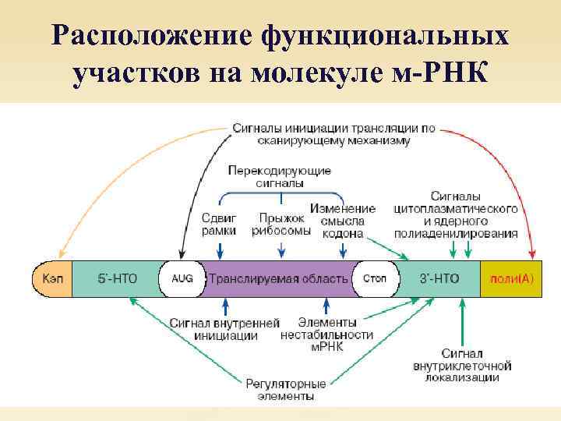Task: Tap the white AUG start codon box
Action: pos(182,278)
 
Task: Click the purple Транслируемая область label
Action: pos(278,278)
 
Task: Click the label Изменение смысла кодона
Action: pos(343,221)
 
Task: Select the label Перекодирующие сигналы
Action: pos(280,176)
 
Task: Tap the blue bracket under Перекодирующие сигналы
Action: pos(280,196)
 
